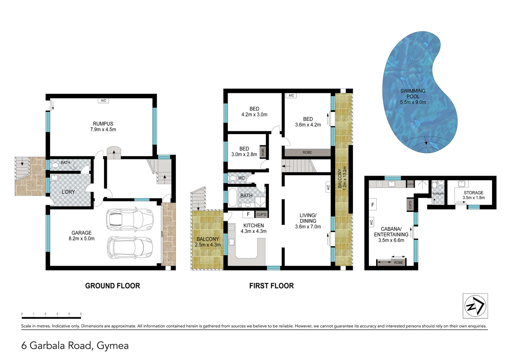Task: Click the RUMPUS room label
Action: [103, 124]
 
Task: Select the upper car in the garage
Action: [130, 219]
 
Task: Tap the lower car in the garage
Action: [130, 247]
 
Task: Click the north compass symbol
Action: [475, 306]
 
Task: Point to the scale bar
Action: [51, 315]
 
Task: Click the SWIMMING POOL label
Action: [413, 93]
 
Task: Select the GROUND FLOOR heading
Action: [113, 286]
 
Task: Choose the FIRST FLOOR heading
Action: [271, 286]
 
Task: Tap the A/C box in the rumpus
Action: [104, 100]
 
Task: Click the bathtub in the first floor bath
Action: [232, 198]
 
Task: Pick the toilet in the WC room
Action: [233, 178]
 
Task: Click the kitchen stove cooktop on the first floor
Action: [232, 228]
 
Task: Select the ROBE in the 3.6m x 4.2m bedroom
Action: [307, 152]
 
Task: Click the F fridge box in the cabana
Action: [373, 205]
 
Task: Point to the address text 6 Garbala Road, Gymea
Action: [75, 345]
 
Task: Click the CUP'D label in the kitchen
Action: [261, 214]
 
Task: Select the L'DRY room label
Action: [68, 192]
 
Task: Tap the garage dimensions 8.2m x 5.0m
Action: [82, 239]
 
